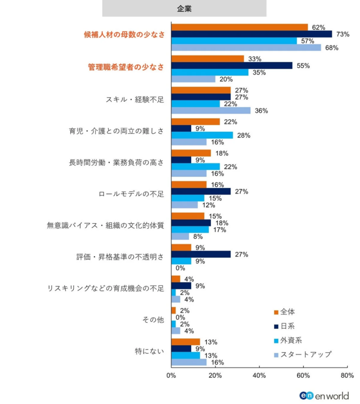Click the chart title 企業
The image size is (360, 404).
coord(184,9)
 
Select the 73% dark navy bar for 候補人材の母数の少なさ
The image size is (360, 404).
coord(251,34)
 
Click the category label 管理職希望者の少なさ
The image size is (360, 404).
coord(126,67)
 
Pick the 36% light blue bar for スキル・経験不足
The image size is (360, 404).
coord(211,111)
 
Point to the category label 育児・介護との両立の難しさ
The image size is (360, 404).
coord(116,131)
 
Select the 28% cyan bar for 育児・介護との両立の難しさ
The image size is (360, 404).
coord(202,135)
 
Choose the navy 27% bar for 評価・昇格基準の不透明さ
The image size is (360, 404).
coord(201,255)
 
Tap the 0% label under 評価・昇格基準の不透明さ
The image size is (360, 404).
coord(180,268)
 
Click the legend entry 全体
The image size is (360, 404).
coord(287,312)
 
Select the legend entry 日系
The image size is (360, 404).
coord(287,326)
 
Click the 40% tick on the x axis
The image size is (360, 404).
coord(259,376)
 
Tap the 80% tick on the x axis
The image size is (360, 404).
coord(347,376)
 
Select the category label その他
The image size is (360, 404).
coord(154,320)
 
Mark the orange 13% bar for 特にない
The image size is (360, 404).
coord(186,342)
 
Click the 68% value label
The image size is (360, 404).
coord(332,48)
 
